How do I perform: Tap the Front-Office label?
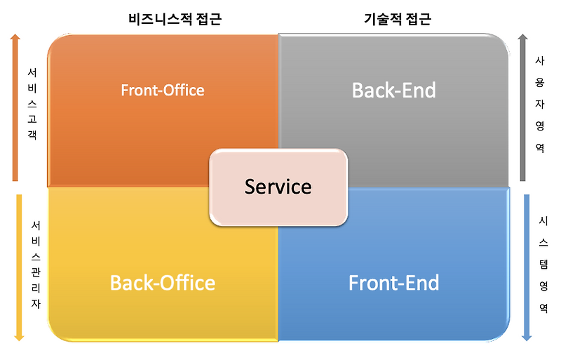click(x=162, y=90)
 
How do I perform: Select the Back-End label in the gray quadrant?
click(x=393, y=90)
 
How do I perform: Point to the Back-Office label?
click(x=162, y=282)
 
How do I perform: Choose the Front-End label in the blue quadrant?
click(x=393, y=282)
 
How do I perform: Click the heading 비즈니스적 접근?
click(x=174, y=20)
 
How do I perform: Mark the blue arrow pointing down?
click(x=527, y=267)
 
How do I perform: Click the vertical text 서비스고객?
click(x=32, y=105)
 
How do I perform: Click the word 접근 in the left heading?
click(x=208, y=20)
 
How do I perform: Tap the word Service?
click(x=278, y=187)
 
